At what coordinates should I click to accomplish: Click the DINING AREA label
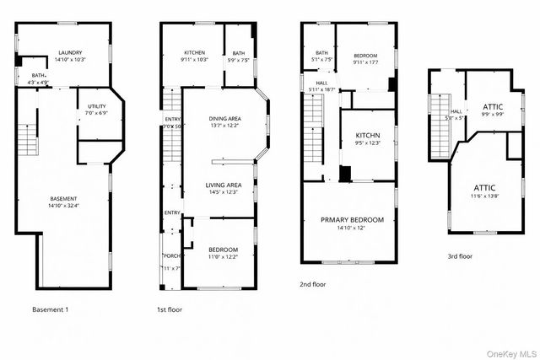pos(224,119)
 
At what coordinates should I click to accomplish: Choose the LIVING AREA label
pos(224,185)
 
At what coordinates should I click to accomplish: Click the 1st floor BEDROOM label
pos(224,250)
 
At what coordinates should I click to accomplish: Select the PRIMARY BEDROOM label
pos(352,219)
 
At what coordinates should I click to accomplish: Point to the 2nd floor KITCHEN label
pos(368,136)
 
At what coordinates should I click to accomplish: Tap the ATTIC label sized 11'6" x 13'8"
pos(484,187)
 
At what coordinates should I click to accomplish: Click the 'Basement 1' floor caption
pos(50,309)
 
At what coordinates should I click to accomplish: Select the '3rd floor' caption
pos(461,255)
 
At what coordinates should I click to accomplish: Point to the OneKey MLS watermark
pos(510,352)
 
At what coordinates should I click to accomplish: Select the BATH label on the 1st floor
pos(239,53)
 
